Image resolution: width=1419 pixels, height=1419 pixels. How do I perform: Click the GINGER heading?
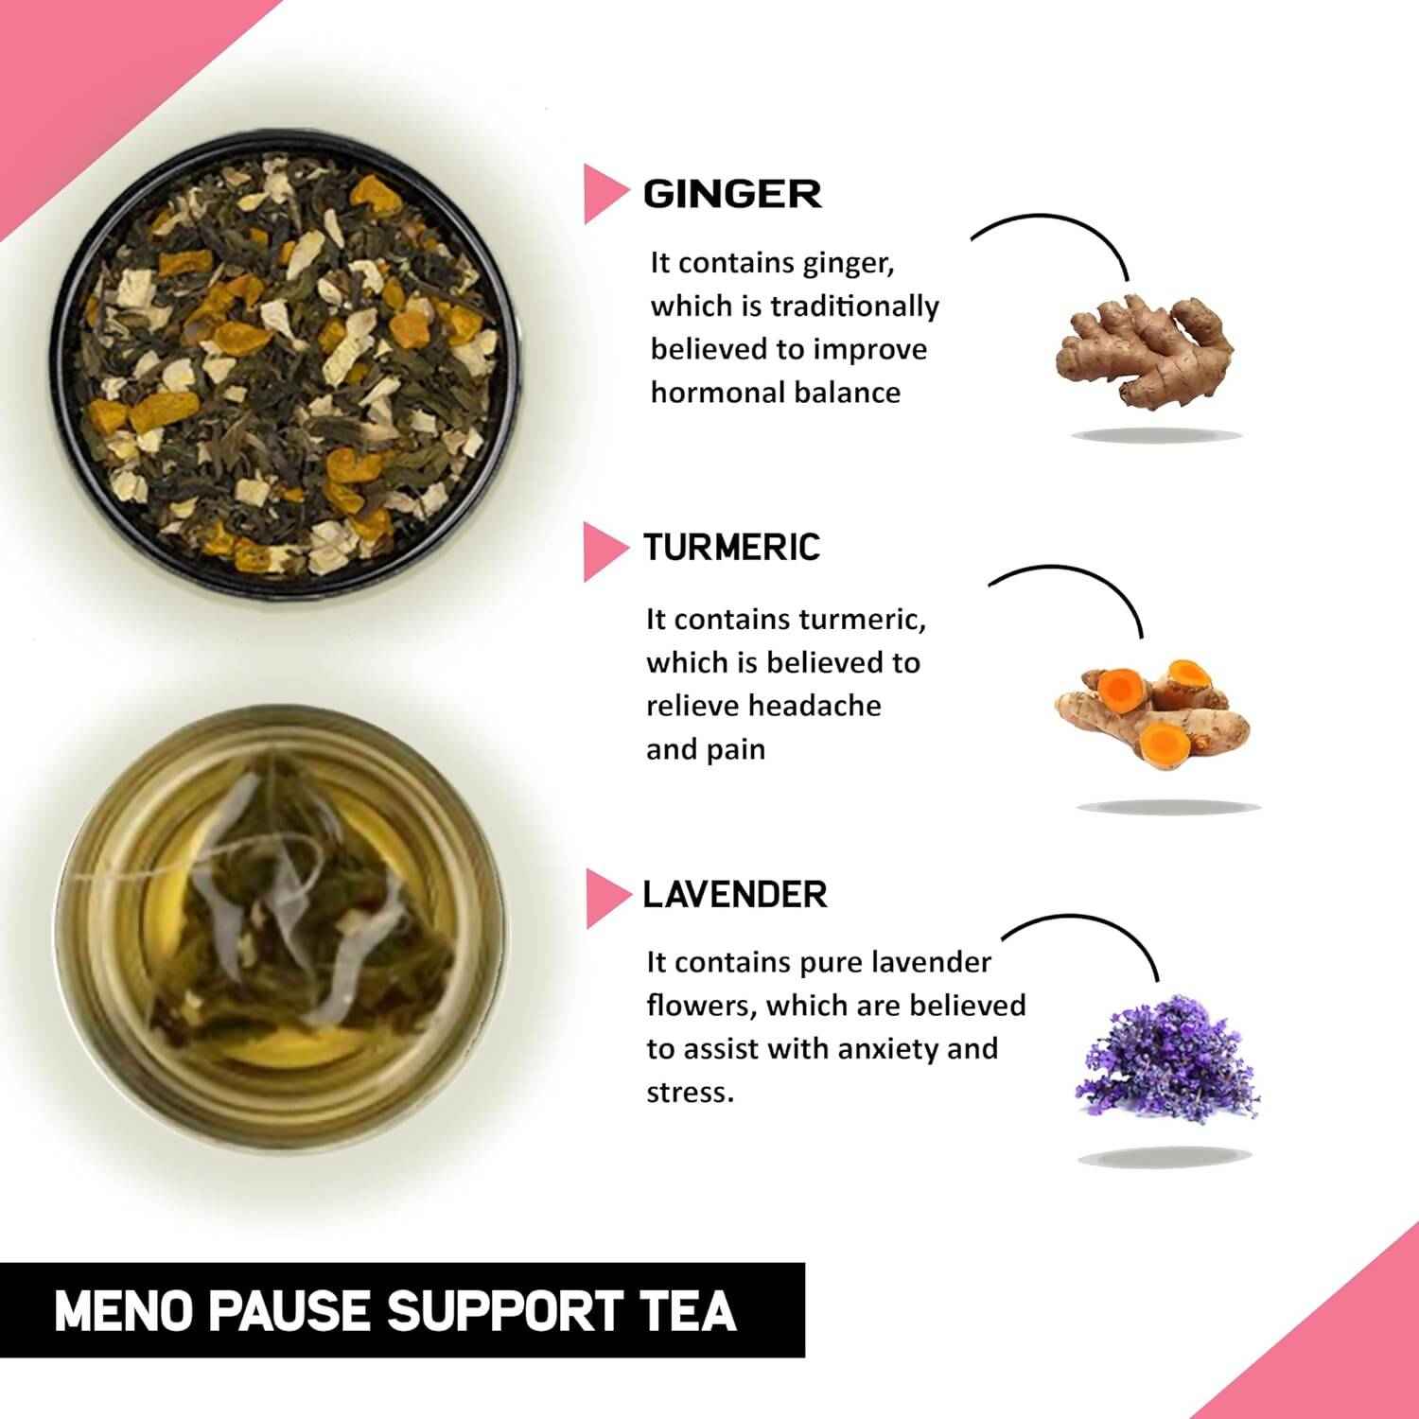(x=732, y=195)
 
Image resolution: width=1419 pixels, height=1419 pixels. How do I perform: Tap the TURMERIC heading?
(x=731, y=548)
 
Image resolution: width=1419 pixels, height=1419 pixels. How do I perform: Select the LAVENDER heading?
(x=735, y=894)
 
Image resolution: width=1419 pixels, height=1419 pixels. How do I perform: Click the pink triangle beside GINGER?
(x=604, y=194)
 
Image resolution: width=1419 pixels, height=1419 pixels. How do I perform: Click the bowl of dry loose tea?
(x=286, y=356)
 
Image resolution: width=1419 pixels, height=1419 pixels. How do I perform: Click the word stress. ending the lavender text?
(x=690, y=1093)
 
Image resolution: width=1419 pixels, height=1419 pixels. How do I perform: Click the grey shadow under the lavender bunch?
(x=1165, y=1155)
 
